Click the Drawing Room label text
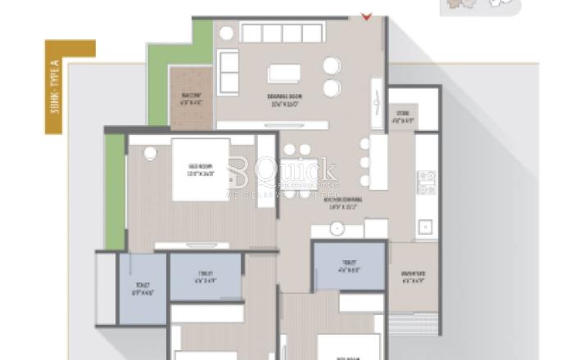285,100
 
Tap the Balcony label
191,100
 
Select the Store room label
401,117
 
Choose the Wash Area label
413,277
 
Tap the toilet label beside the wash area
349,268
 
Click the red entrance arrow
366,15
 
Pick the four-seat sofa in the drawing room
282,33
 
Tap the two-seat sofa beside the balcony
228,71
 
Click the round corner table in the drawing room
227,33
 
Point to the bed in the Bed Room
201,169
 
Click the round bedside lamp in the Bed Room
148,153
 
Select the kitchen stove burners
425,182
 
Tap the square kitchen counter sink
425,225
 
